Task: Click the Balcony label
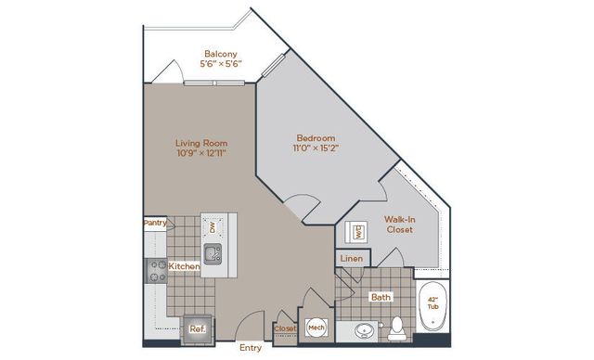point(221,54)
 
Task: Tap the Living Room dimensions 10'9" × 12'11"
point(201,153)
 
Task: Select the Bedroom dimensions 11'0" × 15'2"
point(316,148)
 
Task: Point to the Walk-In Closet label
point(400,225)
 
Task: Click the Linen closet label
point(352,259)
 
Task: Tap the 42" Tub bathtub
point(433,306)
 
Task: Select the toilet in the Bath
point(396,328)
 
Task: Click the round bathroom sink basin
point(364,331)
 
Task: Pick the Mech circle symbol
point(316,328)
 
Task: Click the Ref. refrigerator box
point(198,329)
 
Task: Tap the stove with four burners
point(157,271)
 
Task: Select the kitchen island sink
point(213,254)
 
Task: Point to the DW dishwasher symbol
point(213,227)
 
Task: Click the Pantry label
point(155,223)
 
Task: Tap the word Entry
point(251,348)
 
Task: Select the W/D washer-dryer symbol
point(356,233)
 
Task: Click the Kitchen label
point(184,266)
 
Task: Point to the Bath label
point(381,297)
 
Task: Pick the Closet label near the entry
point(285,328)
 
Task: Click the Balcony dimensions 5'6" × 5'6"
point(221,64)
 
